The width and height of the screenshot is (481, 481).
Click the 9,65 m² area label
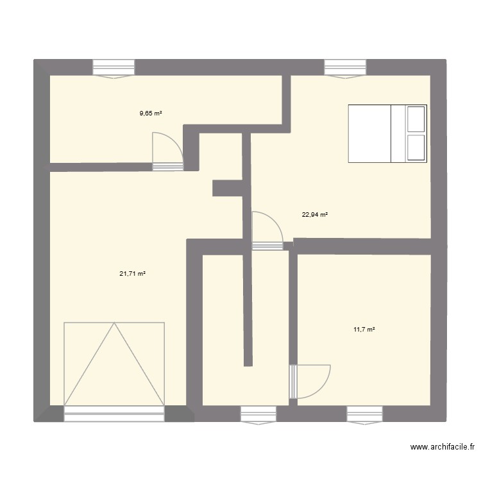[151, 114]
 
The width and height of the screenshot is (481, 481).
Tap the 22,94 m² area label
[315, 215]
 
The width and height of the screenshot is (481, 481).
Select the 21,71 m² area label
[132, 274]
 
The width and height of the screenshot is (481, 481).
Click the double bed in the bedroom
[387, 133]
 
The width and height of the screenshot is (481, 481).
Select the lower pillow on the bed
[416, 148]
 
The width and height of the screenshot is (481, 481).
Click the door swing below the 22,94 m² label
[266, 228]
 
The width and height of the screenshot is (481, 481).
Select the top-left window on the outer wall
[114, 67]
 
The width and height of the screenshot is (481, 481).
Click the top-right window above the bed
[346, 67]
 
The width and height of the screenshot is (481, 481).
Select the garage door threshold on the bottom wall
[114, 414]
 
